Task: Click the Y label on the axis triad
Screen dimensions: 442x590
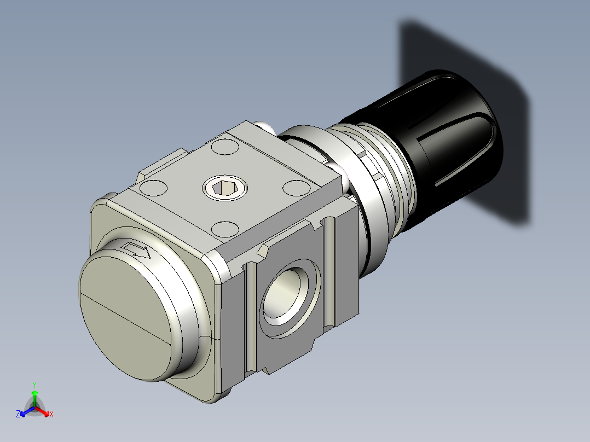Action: click(x=34, y=384)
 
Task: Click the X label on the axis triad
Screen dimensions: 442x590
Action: click(x=51, y=414)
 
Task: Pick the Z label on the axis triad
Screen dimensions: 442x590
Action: click(x=18, y=414)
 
